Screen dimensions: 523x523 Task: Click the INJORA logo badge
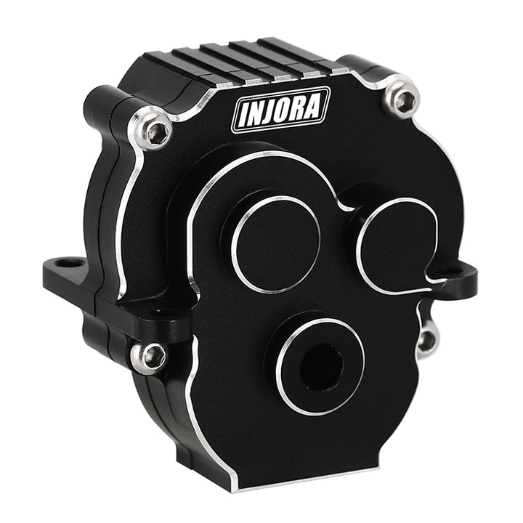[x=281, y=110]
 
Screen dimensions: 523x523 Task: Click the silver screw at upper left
[x=150, y=128]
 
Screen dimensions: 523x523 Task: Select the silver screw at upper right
[x=401, y=97]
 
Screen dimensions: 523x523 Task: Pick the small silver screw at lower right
[x=426, y=341]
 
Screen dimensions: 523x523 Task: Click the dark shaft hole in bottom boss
[x=321, y=367]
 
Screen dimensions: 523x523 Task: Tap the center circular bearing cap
[x=276, y=244]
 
